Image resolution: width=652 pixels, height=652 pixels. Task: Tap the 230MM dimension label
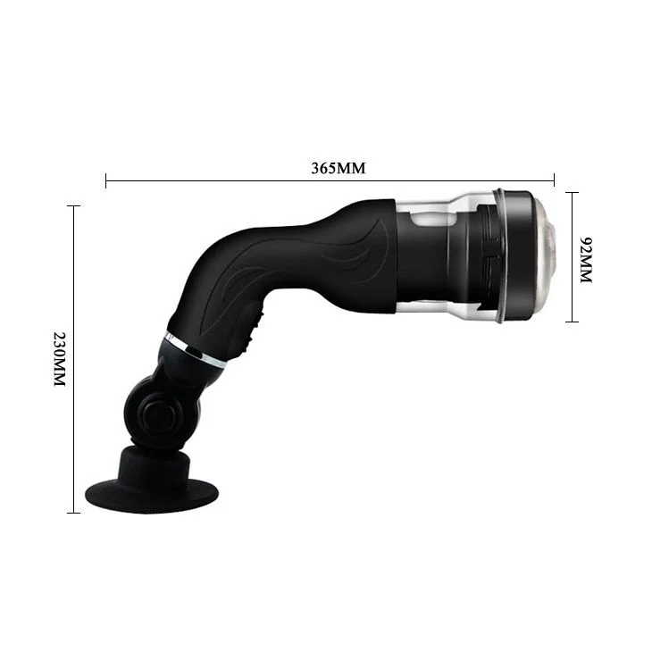[x=59, y=358]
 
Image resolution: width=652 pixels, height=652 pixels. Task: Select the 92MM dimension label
[x=587, y=260]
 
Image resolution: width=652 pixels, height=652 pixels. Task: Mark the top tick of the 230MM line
[x=72, y=206]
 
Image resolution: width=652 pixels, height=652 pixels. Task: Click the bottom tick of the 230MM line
[x=72, y=513]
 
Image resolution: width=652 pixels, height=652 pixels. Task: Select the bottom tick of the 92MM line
[x=572, y=322]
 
